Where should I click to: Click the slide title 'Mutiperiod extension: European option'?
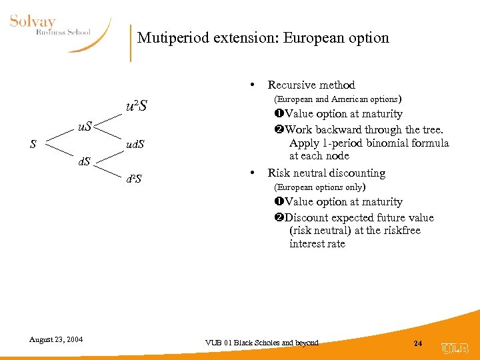click(x=263, y=38)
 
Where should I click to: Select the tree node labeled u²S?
click(x=137, y=106)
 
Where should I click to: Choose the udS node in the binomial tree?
click(x=135, y=144)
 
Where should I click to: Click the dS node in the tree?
click(x=83, y=161)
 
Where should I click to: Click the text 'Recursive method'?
click(x=311, y=85)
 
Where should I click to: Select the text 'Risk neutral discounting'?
click(x=326, y=173)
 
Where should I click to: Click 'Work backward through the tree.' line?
click(x=358, y=129)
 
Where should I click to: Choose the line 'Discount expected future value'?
click(x=353, y=217)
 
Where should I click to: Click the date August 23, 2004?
click(x=56, y=339)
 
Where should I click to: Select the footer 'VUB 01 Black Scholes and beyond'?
click(x=261, y=343)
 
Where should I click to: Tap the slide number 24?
click(x=417, y=343)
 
